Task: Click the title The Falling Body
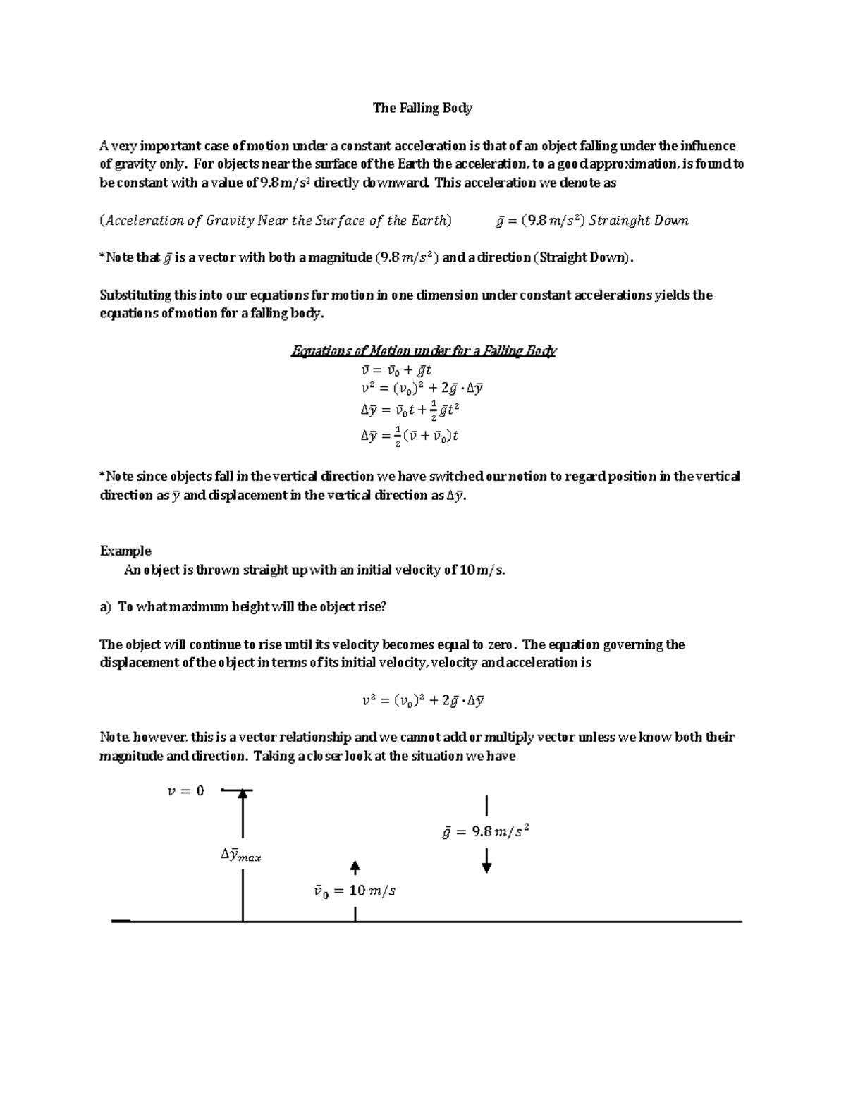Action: point(422,108)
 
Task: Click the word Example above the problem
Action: point(125,551)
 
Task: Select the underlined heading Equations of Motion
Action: point(423,350)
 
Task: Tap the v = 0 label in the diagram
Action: point(185,791)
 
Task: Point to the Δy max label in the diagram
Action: point(240,856)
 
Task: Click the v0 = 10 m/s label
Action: point(355,891)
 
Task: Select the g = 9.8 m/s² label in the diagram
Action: point(485,832)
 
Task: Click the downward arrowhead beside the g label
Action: point(486,867)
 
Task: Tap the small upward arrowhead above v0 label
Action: point(355,866)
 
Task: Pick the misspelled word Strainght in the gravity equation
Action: point(620,221)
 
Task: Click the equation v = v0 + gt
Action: point(396,370)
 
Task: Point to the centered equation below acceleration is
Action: point(422,701)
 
